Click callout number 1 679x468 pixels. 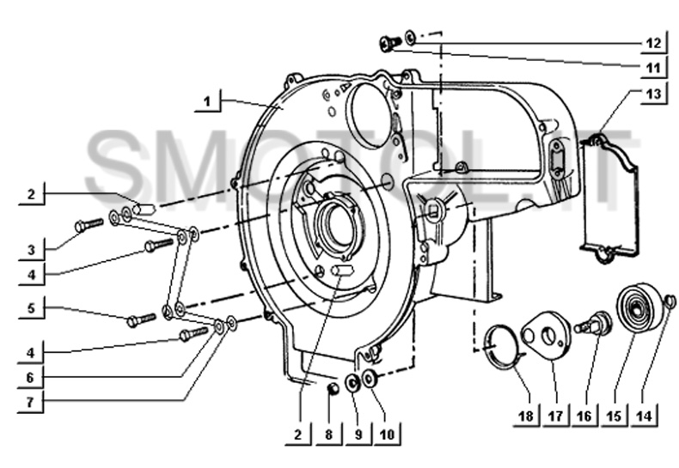[207, 101]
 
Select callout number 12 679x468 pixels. [653, 43]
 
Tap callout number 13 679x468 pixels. [653, 93]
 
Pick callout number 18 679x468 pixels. [526, 416]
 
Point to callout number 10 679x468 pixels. [387, 434]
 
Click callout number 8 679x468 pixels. [328, 435]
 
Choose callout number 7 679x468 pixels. [30, 402]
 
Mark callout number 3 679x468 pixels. [31, 250]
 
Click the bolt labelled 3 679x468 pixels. [89, 225]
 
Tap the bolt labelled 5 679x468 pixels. [141, 320]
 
